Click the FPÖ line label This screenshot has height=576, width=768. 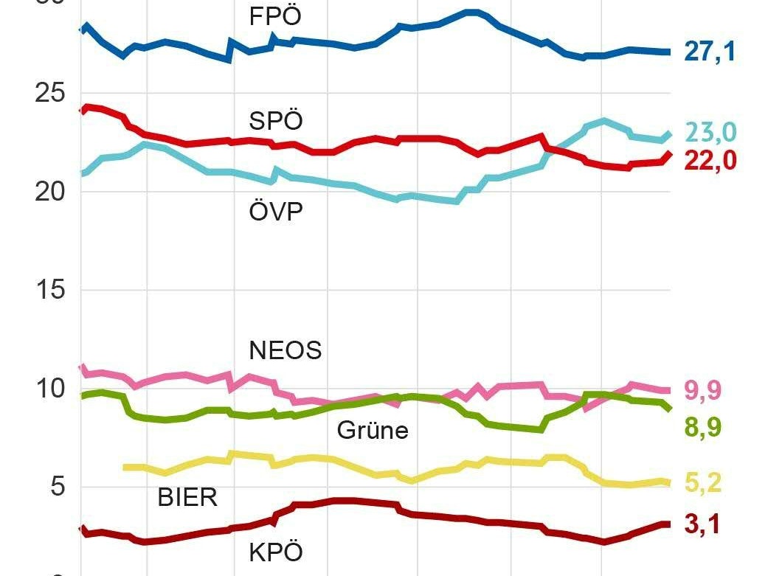pyautogui.click(x=276, y=16)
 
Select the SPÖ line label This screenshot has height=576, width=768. pyautogui.click(x=276, y=120)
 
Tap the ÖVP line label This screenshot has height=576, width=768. pyautogui.click(x=276, y=212)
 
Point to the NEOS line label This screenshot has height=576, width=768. pyautogui.click(x=286, y=350)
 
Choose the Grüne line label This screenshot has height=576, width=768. pyautogui.click(x=373, y=430)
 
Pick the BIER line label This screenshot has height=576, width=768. pyautogui.click(x=187, y=497)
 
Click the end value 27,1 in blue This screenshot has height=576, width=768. pyautogui.click(x=710, y=52)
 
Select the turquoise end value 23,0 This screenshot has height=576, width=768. pyautogui.click(x=710, y=132)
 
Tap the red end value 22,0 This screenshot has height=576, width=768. pyautogui.click(x=710, y=160)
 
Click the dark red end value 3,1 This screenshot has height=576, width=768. pyautogui.click(x=702, y=524)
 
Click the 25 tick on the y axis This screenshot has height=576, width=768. pyautogui.click(x=49, y=94)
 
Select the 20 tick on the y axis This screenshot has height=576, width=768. pyautogui.click(x=49, y=192)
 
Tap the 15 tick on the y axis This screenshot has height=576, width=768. pyautogui.click(x=49, y=290)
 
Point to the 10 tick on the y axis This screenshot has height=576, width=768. pyautogui.click(x=49, y=388)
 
